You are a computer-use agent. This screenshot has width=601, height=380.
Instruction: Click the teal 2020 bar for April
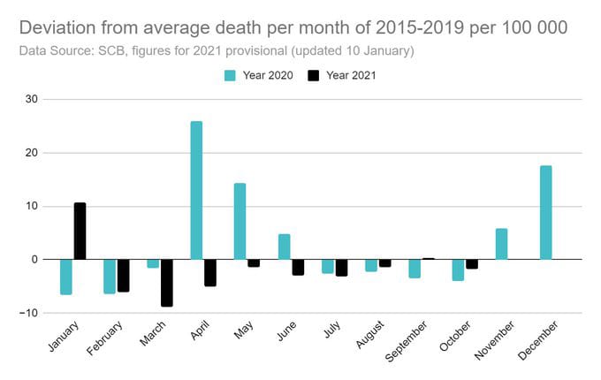click(196, 190)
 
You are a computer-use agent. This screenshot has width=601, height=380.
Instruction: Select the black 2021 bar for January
click(80, 232)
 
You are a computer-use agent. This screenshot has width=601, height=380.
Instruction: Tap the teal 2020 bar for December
click(545, 212)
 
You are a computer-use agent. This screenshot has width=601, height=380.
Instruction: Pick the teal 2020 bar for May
click(240, 221)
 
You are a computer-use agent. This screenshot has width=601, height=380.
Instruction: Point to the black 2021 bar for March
click(167, 283)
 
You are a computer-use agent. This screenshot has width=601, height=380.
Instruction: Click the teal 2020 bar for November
click(501, 244)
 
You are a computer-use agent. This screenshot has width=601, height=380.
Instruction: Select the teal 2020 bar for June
click(284, 247)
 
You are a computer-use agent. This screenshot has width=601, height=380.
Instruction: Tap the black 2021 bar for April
click(210, 273)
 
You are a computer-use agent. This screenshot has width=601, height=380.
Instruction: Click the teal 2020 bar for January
click(65, 277)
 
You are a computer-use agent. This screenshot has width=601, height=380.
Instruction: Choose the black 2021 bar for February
click(124, 276)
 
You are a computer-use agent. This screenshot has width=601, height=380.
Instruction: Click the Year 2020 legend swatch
click(230, 76)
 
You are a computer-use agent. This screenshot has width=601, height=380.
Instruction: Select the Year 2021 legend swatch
click(314, 76)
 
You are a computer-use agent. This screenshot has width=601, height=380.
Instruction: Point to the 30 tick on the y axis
click(31, 99)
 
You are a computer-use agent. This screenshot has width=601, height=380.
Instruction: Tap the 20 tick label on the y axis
click(31, 153)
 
